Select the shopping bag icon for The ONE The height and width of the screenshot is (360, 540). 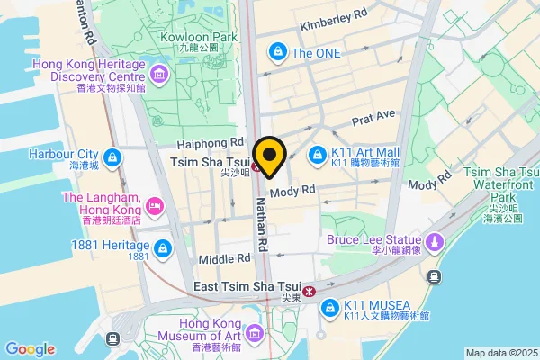pos(278,53)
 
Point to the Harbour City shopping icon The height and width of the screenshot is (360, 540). pos(112,159)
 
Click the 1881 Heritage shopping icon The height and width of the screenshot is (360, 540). pos(162,247)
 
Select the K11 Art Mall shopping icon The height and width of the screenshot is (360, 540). pos(317,157)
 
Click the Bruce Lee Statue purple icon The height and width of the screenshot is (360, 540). pos(435,241)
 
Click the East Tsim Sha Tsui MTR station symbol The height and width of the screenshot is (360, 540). pos(309,290)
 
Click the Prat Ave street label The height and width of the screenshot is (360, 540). pos(373,118)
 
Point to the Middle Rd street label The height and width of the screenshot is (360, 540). pos(224,258)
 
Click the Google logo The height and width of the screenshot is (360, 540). pos(30,349)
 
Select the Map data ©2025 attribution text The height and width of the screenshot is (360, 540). pos(500,352)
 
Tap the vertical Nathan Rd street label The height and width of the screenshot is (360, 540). pos(262,224)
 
